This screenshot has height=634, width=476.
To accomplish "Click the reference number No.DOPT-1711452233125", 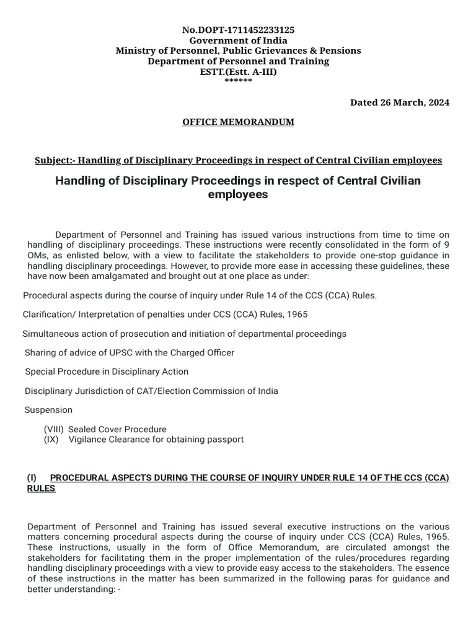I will [x=238, y=30].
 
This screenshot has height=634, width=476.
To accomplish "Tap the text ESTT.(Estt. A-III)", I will [x=238, y=72].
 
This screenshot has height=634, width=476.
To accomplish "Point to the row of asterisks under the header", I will [x=238, y=81].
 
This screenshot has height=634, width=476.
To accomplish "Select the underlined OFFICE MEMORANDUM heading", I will [x=238, y=122].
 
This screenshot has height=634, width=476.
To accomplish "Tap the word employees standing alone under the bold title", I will [x=238, y=194].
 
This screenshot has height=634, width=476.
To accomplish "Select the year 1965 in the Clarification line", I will [x=296, y=315].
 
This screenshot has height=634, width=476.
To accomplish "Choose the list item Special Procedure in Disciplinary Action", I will [x=107, y=372].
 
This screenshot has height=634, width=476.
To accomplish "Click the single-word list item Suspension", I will [x=48, y=410].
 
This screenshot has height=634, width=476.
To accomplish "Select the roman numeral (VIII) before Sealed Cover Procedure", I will [x=53, y=429].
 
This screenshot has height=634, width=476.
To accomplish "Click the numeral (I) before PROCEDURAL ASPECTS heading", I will [x=32, y=478].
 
